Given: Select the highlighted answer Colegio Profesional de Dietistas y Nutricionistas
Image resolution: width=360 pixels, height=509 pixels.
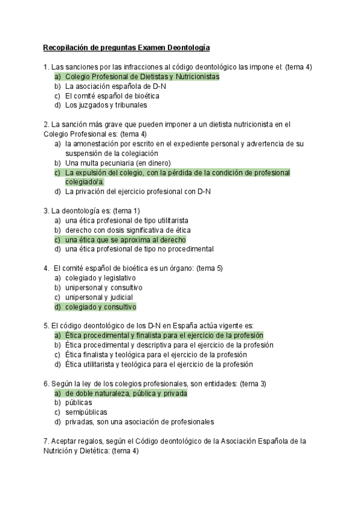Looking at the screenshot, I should (142, 77).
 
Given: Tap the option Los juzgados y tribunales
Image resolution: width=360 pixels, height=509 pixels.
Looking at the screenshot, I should (106, 105).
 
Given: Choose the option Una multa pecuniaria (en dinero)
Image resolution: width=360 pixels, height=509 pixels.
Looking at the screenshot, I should (118, 163).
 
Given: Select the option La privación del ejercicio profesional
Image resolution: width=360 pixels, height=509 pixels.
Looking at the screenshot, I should (137, 191).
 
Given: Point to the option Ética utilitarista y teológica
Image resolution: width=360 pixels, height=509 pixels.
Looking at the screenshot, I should (159, 364).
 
